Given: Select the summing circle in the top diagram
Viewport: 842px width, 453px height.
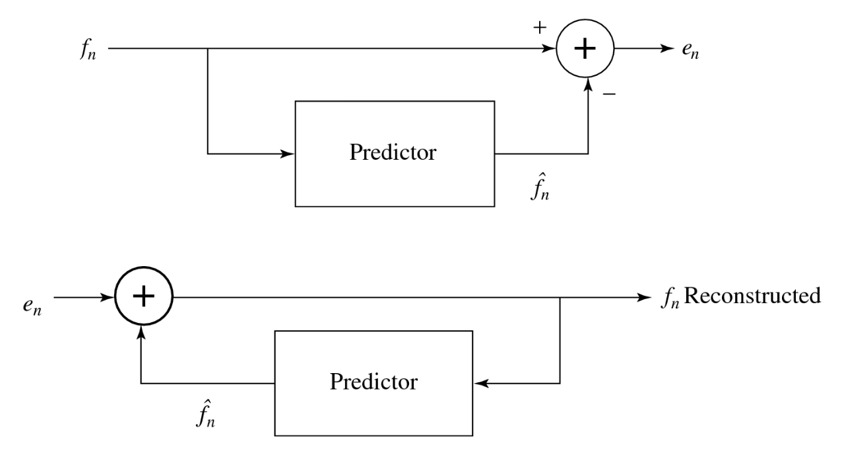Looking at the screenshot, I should point(585,49).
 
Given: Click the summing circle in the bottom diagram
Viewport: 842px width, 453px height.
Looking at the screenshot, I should point(143,297).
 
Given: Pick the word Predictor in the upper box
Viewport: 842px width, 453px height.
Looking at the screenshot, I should point(393,153).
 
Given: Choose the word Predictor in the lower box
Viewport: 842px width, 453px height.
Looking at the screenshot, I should point(373,382).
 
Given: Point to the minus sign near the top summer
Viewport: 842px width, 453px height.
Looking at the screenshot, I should point(609,94).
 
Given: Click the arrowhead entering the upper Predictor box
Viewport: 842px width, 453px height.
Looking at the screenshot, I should point(288,154).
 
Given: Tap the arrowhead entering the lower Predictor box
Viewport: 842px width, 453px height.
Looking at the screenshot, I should point(480,384).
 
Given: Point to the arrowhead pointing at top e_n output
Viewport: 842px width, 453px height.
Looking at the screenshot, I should point(664,49).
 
